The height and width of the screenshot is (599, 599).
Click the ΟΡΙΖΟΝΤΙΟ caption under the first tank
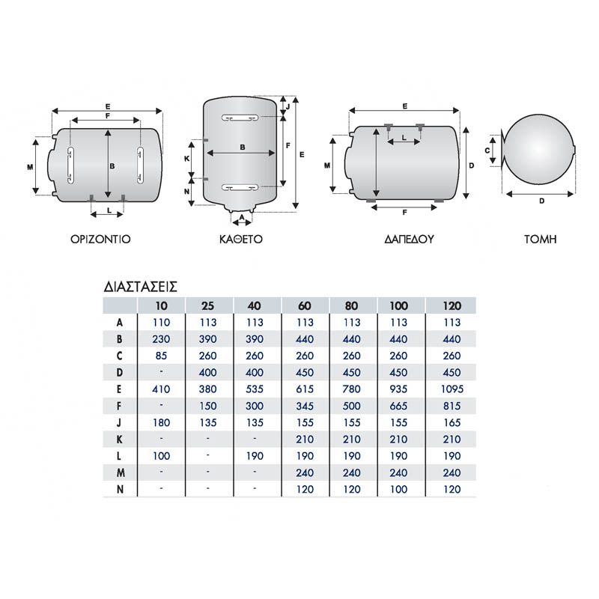[100, 239]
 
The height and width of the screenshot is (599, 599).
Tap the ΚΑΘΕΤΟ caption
[241, 239]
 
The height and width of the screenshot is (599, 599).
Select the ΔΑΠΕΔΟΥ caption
[409, 239]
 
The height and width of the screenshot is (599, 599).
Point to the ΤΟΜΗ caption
[540, 239]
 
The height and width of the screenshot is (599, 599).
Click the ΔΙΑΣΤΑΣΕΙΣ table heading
[141, 287]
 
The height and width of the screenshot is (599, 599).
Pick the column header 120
[452, 305]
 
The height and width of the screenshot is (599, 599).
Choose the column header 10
[161, 305]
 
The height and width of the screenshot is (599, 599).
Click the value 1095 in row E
[452, 389]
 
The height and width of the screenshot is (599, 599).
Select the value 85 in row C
[161, 356]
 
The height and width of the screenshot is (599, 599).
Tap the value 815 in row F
[452, 406]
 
